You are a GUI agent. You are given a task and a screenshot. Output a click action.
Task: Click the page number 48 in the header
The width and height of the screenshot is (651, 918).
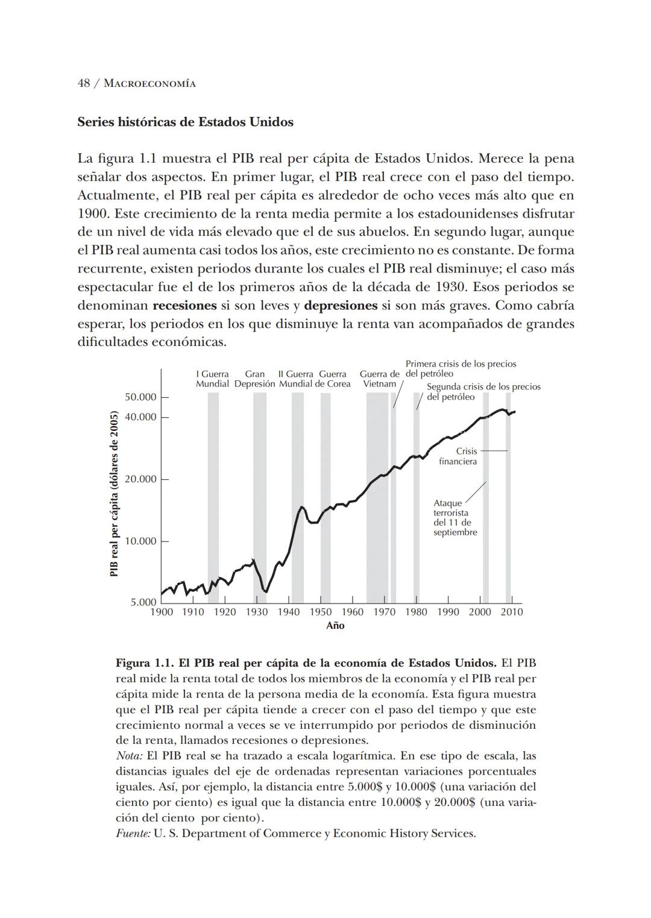click(x=84, y=83)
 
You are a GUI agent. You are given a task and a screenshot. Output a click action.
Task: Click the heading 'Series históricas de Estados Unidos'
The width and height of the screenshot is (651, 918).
click(x=185, y=122)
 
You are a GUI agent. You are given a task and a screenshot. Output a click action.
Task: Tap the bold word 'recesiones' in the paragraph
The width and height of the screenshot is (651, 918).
click(x=184, y=306)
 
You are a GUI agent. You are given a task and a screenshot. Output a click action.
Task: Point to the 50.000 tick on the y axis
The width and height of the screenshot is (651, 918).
click(x=140, y=397)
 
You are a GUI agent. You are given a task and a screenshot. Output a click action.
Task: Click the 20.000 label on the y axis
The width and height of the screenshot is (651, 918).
click(x=140, y=479)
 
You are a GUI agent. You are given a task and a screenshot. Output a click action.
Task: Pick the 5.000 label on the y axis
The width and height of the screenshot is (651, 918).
click(x=143, y=602)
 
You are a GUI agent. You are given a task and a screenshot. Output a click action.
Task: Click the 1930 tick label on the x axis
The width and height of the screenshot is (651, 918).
click(x=256, y=612)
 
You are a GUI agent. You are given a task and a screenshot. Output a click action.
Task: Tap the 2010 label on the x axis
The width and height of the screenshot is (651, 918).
click(x=512, y=612)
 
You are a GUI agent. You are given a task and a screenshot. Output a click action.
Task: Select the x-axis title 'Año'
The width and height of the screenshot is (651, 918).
click(x=335, y=626)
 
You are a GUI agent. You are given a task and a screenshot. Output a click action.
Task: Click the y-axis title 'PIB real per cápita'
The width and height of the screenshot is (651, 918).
click(x=114, y=493)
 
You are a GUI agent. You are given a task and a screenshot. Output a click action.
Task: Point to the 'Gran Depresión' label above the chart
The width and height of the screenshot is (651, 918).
click(x=254, y=379)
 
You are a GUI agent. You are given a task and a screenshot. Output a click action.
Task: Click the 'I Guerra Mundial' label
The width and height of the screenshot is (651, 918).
click(x=212, y=379)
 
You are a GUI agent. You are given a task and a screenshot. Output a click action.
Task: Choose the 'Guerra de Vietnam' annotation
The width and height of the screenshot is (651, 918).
click(x=380, y=379)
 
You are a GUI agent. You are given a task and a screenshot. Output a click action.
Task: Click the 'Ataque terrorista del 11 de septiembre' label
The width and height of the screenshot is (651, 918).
click(x=454, y=518)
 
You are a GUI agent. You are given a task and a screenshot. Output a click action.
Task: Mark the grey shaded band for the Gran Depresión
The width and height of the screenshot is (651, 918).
click(x=260, y=494)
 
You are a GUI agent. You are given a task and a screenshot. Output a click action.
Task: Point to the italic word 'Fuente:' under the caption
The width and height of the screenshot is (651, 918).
click(x=133, y=834)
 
